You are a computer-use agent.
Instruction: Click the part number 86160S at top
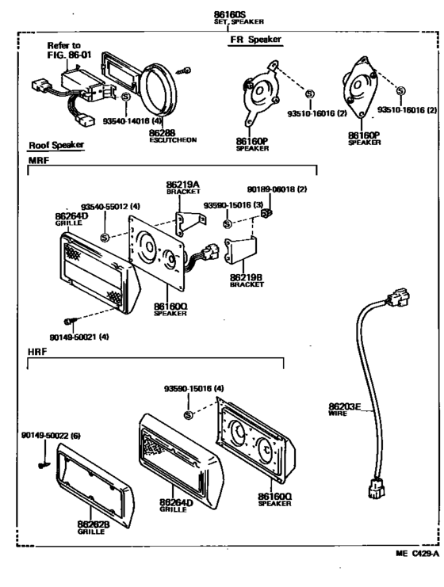tap(230, 14)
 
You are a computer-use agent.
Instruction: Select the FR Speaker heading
tap(255, 40)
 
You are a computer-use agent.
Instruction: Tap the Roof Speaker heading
tap(56, 145)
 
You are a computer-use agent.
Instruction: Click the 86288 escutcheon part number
tap(163, 133)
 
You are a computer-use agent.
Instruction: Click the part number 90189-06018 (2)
tap(277, 189)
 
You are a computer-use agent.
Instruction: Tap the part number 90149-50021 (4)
tap(79, 337)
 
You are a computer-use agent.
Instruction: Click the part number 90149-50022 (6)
tap(51, 436)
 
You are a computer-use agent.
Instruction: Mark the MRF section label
tap(39, 161)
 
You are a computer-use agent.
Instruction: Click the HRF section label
tap(37, 352)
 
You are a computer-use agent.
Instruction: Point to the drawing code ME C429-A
tap(417, 554)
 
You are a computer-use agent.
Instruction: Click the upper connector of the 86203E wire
tap(397, 297)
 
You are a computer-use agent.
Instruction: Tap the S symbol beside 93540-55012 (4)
tap(105, 237)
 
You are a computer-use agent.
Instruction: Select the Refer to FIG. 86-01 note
tap(69, 50)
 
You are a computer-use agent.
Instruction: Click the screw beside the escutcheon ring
tap(184, 71)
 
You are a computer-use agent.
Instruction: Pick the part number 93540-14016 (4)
tap(132, 121)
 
